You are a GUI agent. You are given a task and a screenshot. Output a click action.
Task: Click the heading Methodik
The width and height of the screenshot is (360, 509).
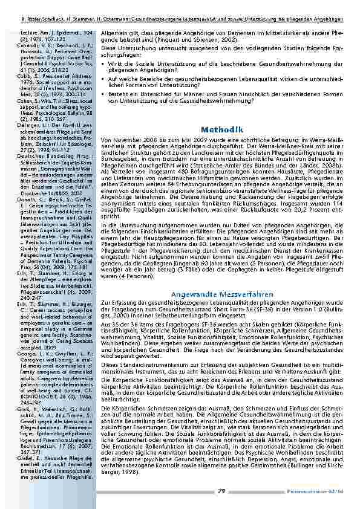(x=223, y=129)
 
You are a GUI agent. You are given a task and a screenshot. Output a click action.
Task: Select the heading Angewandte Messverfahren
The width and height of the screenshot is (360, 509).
(x=223, y=277)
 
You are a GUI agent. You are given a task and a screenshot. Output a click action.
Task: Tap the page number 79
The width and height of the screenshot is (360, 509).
(x=222, y=491)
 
